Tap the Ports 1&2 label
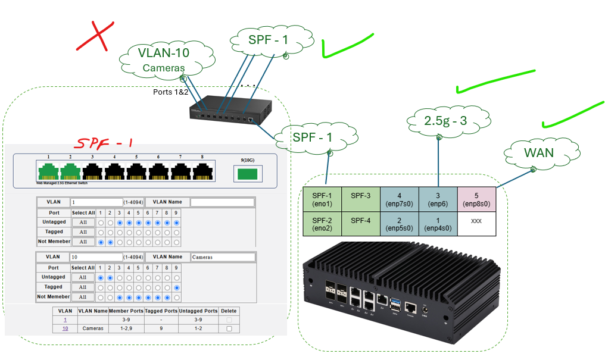point(170,92)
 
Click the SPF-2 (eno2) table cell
point(322,224)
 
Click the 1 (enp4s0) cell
point(438,224)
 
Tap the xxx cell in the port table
point(476,221)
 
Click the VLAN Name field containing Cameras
point(223,257)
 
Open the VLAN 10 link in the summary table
point(65,328)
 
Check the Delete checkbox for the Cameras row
point(229,328)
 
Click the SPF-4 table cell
point(361,221)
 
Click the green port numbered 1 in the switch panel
point(48,171)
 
